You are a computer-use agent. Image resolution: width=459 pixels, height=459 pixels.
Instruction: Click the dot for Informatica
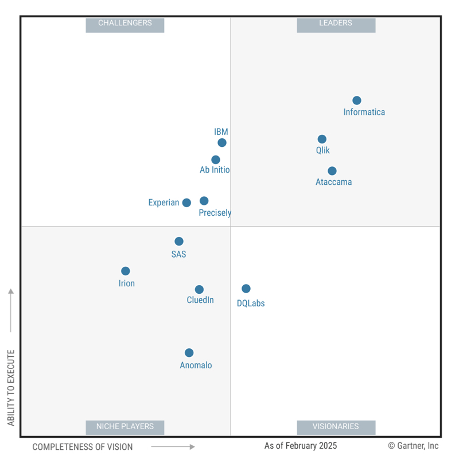357,100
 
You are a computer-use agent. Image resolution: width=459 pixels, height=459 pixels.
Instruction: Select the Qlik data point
322,139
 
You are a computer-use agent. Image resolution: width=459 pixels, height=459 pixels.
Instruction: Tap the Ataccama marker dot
332,171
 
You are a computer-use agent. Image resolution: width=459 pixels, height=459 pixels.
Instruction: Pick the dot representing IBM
222,142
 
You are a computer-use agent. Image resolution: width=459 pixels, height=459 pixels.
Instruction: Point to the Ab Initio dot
216,160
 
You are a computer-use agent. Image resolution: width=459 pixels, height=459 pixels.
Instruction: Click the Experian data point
186,203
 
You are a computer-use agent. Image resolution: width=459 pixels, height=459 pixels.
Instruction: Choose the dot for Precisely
204,201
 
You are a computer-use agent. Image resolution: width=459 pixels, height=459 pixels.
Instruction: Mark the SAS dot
179,242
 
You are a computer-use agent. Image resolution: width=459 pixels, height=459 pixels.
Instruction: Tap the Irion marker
126,271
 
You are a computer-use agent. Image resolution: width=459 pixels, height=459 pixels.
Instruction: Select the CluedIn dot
199,290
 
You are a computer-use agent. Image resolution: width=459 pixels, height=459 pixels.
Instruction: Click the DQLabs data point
246,289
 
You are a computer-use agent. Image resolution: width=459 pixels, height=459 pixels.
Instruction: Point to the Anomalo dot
189,353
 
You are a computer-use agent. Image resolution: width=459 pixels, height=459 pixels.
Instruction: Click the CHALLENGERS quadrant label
125,24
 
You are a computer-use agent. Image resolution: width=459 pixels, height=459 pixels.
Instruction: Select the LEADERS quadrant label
336,24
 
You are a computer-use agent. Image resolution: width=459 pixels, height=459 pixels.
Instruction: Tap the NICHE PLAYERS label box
125,427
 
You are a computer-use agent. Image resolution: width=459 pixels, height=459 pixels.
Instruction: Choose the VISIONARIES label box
336,427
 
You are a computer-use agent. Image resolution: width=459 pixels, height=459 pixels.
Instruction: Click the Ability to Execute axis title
11,388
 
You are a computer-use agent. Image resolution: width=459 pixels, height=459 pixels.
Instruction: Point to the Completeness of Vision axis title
83,447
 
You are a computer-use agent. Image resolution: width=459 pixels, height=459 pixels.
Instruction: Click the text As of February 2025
301,446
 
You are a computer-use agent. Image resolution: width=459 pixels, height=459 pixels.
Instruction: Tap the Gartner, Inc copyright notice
413,446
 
